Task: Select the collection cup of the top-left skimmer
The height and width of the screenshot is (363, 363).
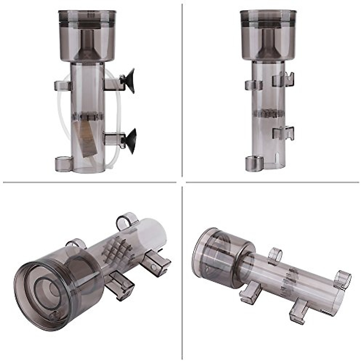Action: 87,36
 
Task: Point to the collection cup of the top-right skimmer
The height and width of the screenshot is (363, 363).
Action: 268,36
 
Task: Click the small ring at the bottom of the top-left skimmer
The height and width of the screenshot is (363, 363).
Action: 63,164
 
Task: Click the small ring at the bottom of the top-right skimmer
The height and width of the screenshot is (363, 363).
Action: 254,163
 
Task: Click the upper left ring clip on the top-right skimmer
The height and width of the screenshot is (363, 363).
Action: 253,85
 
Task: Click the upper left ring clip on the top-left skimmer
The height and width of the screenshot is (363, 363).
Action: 63,86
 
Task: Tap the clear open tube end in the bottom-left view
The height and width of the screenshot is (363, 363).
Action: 155,233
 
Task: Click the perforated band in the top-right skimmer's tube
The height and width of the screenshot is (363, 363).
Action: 268,114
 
